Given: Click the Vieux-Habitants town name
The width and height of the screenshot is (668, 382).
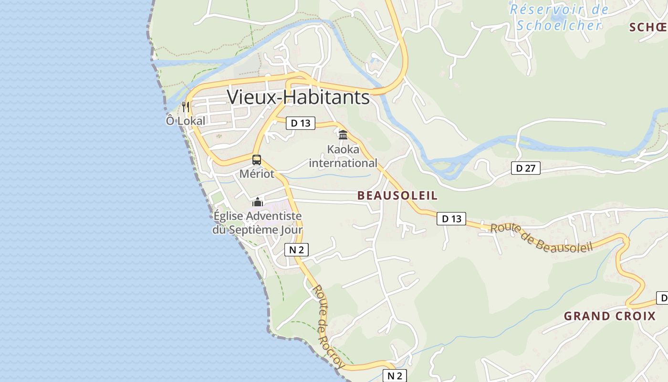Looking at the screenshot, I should (x=298, y=97).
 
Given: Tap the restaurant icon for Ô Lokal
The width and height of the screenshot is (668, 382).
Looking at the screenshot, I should (x=186, y=106).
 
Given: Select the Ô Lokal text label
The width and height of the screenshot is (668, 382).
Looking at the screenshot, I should (x=186, y=121).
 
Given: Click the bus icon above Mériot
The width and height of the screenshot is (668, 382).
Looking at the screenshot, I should (x=257, y=160).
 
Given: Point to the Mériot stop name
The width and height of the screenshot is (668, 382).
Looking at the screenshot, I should (x=257, y=174).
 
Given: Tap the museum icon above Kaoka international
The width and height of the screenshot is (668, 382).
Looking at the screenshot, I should (x=343, y=135).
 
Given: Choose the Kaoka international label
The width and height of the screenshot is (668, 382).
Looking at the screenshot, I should (x=343, y=157).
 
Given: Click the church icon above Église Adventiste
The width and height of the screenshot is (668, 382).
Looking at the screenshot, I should (x=258, y=202).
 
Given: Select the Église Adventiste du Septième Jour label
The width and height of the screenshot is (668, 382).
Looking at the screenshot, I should (x=258, y=223).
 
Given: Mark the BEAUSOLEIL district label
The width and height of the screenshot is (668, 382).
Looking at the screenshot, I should (x=397, y=195).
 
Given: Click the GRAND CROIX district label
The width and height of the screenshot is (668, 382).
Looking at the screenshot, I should (x=610, y=316).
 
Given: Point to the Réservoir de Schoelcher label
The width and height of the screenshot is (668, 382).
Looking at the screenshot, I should (x=559, y=17).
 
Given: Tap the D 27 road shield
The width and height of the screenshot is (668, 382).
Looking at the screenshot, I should (x=525, y=168).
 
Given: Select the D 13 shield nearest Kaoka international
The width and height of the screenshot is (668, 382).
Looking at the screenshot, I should (x=301, y=123).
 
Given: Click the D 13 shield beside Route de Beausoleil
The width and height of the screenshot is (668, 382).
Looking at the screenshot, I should (x=451, y=219).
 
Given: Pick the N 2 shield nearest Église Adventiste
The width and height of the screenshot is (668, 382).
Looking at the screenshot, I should (x=296, y=250).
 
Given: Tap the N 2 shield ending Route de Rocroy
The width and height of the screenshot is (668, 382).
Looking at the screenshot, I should (x=395, y=376).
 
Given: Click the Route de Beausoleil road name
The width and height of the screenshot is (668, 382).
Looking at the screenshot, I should (x=542, y=237).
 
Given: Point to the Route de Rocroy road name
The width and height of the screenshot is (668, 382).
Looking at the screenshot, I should (x=328, y=327).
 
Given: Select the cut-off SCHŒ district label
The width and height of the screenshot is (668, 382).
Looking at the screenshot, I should (x=648, y=27).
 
